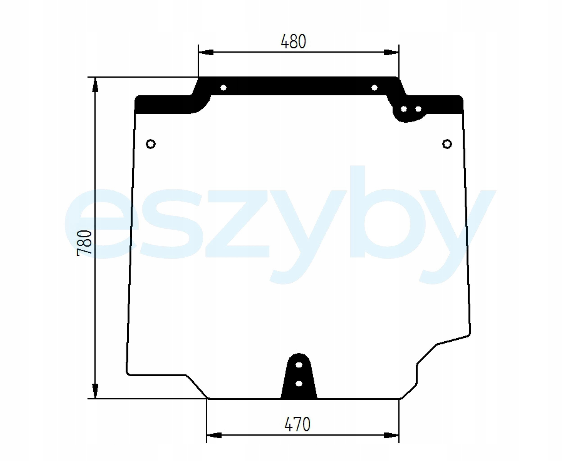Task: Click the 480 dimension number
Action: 293,42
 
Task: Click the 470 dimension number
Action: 297,424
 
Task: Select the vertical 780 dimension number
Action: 84,244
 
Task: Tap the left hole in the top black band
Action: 223,88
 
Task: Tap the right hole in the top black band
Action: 374,88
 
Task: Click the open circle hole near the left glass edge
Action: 151,144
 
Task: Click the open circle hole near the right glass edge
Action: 447,144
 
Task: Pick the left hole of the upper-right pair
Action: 404,109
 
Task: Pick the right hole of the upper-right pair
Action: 418,109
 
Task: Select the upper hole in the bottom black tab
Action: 299,365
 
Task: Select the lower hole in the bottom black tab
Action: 299,384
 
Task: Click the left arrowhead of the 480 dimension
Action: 206,52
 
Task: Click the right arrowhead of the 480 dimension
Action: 391,52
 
